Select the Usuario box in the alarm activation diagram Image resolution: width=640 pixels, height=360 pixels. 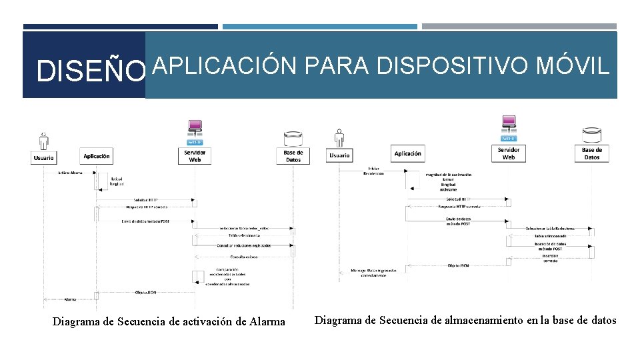tap(43, 158)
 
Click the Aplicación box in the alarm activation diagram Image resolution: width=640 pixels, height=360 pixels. tap(97, 156)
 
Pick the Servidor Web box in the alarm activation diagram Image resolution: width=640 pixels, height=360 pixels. tap(195, 156)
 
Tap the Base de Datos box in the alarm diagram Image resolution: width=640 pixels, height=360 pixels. tap(293, 156)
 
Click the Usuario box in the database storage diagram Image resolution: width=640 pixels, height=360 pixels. tap(339, 155)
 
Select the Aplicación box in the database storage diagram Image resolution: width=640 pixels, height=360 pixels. tap(408, 153)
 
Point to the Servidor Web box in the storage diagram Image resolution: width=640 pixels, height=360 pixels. tap(509, 153)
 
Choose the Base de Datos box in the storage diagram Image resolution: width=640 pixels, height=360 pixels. tap(592, 153)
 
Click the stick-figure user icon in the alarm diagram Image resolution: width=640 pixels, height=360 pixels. tap(43, 139)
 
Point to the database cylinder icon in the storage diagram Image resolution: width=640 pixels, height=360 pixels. tap(592, 135)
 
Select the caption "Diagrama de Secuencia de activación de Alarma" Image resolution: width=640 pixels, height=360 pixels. tap(169, 322)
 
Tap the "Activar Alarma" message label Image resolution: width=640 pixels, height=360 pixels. tap(69, 172)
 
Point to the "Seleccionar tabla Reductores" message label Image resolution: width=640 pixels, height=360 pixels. tap(550, 228)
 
